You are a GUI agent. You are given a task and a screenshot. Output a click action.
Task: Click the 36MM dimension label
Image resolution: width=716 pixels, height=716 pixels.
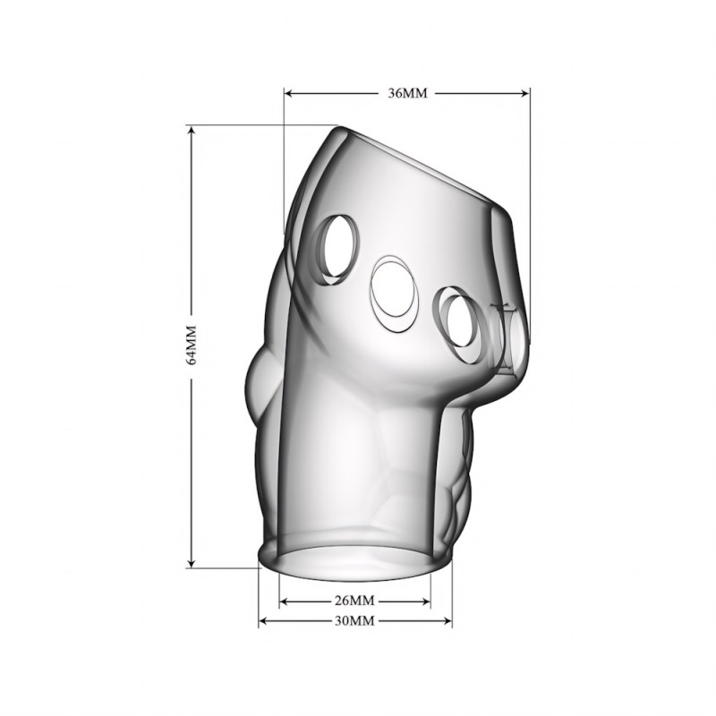point(408,93)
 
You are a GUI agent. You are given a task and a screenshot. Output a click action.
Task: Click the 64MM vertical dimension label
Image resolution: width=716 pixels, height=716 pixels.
point(192,345)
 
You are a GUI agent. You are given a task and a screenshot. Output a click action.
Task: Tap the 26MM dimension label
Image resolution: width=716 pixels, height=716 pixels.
point(354,601)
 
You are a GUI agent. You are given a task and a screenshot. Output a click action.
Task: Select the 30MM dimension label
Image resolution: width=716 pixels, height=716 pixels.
point(354,620)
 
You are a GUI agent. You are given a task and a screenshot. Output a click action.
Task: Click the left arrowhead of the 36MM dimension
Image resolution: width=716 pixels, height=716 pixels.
point(289,93)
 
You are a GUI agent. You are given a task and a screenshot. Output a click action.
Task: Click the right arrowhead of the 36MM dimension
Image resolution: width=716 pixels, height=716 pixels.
point(524,93)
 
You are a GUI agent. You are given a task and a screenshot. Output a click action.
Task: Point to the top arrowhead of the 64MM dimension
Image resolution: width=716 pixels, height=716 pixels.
point(192,132)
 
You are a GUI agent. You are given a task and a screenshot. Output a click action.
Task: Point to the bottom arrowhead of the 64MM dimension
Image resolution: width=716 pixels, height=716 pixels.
point(192,562)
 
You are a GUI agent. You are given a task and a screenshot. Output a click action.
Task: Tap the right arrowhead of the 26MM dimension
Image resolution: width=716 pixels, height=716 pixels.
point(425,601)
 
